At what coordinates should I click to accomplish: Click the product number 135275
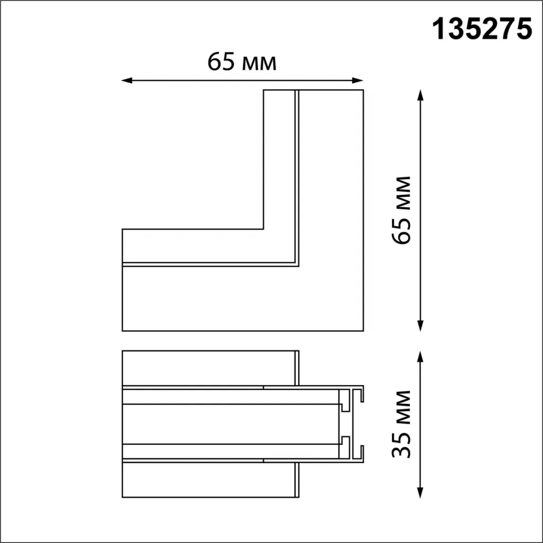481,30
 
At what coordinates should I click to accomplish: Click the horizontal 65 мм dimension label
242,62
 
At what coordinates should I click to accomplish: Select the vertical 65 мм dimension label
401,210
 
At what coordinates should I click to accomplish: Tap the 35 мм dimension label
401,424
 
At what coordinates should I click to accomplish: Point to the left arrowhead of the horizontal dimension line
127,81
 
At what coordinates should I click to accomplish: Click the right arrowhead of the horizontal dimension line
357,81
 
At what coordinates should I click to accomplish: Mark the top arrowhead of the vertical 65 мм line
420,95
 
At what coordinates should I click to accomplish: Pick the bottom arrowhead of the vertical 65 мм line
420,326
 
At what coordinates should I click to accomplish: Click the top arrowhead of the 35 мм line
420,356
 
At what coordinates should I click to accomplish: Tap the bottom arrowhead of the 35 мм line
420,493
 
